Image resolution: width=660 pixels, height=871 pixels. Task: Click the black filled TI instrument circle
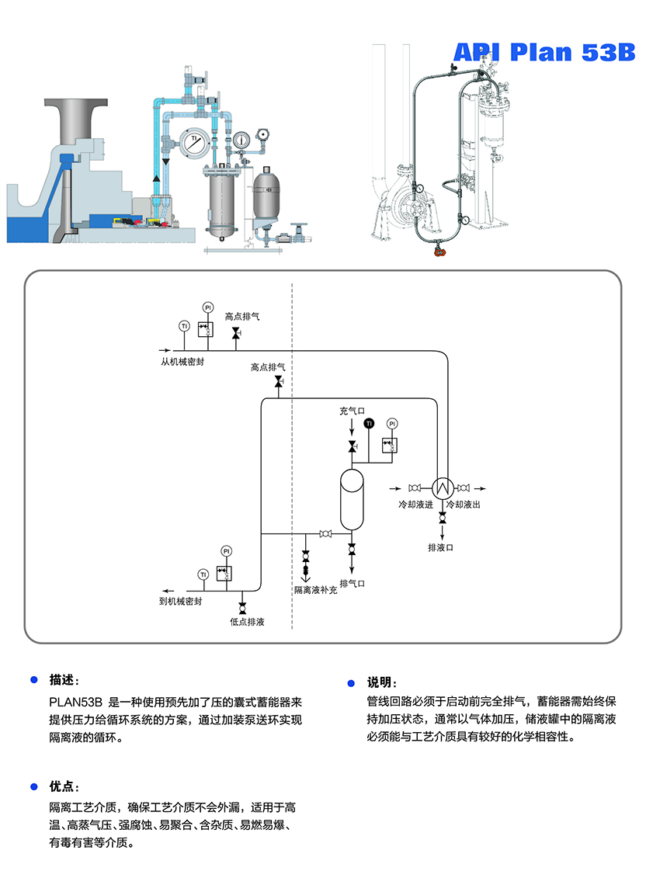tap(369, 423)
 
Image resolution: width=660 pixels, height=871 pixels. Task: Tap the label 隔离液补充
tap(315, 590)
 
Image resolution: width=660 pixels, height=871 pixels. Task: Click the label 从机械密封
tap(182, 361)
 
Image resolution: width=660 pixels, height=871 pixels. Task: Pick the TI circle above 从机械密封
tap(184, 325)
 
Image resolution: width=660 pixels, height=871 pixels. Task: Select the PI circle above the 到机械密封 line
tap(227, 550)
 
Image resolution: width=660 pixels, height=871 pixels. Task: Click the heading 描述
tap(64, 679)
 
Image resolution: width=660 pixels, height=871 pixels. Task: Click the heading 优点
tap(64, 786)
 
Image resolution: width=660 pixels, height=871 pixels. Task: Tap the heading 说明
tap(381, 682)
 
